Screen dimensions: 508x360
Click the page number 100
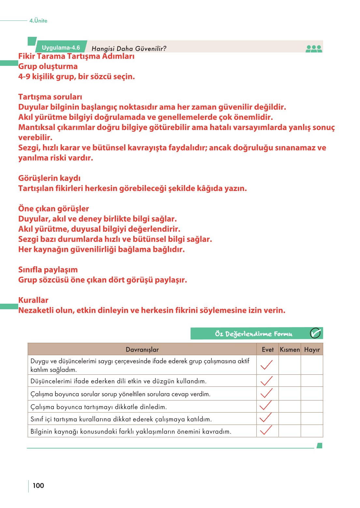[38, 486]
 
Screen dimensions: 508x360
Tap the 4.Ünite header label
[38, 21]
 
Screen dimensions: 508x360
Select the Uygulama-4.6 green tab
[61, 48]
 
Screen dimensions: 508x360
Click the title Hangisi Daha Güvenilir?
[129, 49]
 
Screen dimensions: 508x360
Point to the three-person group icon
[314, 49]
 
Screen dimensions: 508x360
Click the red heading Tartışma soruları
[50, 97]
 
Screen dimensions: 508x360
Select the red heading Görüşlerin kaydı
[49, 178]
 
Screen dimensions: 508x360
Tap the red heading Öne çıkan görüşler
[53, 209]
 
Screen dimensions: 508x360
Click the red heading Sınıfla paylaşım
[48, 270]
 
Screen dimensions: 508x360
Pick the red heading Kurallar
[33, 300]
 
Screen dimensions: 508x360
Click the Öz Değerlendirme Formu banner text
[253, 334]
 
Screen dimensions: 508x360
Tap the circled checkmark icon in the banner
[315, 333]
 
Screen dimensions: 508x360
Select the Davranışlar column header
[142, 350]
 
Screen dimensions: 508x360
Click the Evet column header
[267, 350]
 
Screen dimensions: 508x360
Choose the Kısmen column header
[290, 350]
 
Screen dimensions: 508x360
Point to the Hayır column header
[312, 350]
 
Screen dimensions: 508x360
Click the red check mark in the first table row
[266, 365]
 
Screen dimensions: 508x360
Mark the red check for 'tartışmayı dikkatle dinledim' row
[266, 406]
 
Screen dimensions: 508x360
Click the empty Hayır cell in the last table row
[312, 431]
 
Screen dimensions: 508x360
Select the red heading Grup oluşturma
[48, 66]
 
